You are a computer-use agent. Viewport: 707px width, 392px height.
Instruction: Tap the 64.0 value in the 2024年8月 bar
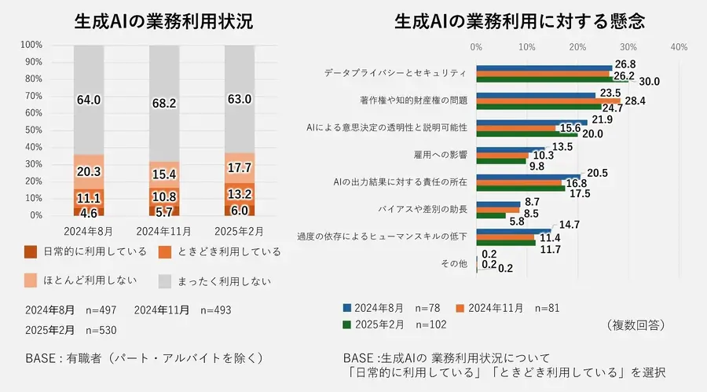88,100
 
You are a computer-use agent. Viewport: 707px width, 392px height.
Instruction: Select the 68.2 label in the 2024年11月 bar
163,103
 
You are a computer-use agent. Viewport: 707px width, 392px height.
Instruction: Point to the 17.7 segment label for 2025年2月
239,168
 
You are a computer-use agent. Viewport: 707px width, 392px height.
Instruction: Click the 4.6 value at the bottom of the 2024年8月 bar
88,211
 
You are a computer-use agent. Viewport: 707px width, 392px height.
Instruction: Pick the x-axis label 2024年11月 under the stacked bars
163,231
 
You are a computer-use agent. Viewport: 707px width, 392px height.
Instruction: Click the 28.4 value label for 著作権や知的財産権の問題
635,101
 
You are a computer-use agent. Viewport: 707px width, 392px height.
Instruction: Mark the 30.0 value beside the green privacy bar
649,81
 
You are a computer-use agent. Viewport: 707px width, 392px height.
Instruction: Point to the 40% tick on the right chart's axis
679,47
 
